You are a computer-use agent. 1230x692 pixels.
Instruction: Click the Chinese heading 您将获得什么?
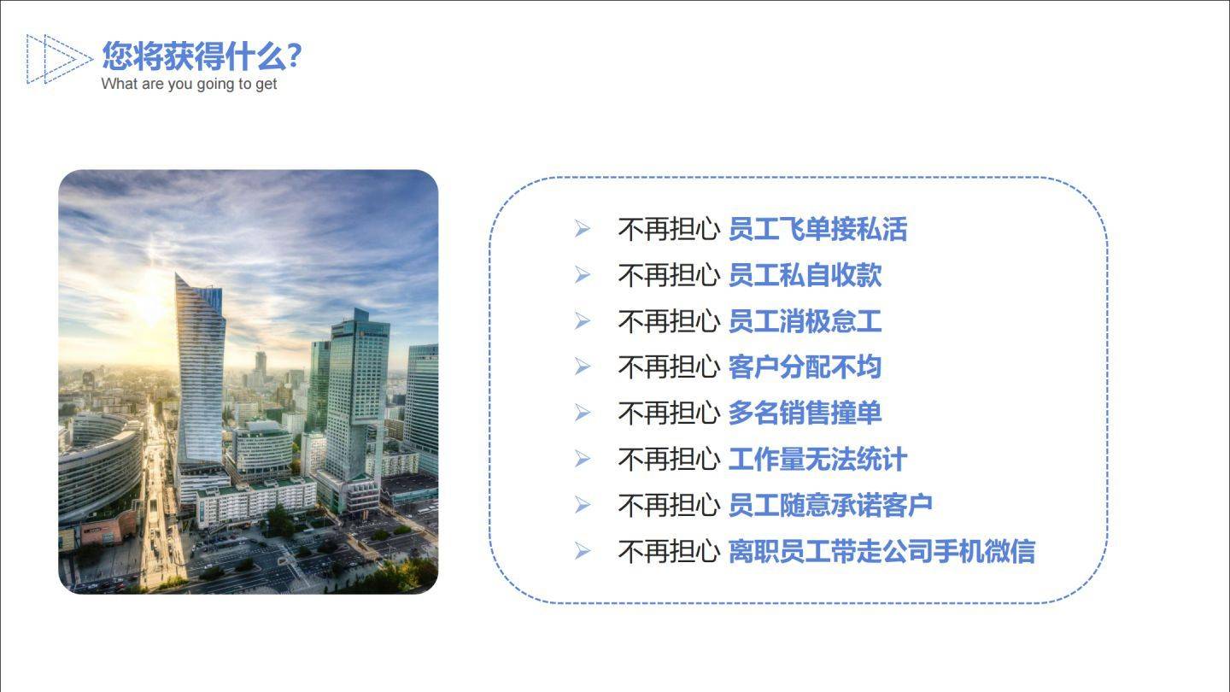click(x=202, y=56)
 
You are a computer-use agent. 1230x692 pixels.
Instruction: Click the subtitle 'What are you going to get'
click(x=189, y=84)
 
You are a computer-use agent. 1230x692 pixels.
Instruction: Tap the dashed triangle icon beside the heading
click(x=59, y=59)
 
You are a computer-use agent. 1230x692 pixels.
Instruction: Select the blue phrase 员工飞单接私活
click(x=817, y=229)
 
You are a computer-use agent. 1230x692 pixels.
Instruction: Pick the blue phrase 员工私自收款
click(x=805, y=275)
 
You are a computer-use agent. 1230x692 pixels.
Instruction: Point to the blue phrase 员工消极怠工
click(x=805, y=321)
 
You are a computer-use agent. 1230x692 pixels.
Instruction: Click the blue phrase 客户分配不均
click(x=805, y=367)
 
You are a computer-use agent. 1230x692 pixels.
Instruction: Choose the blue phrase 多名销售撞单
click(x=805, y=413)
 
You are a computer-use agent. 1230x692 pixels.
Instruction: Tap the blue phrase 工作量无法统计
click(x=817, y=459)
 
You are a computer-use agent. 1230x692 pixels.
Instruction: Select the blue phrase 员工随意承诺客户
click(x=830, y=505)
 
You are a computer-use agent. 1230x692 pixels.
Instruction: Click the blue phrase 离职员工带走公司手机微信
click(x=881, y=551)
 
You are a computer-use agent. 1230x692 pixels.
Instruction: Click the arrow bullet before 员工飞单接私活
click(x=582, y=228)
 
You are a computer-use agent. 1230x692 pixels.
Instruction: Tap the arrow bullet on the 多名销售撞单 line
click(x=582, y=413)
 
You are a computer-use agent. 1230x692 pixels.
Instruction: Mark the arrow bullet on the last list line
click(x=582, y=551)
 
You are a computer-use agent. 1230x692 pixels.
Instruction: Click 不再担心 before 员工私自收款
click(x=669, y=275)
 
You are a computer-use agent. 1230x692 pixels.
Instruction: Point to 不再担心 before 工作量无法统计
click(x=669, y=459)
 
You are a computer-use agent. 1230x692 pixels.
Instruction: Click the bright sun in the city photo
click(x=151, y=308)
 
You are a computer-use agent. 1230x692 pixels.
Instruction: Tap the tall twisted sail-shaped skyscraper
click(x=200, y=373)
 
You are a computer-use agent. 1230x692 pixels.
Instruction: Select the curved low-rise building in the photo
click(x=99, y=466)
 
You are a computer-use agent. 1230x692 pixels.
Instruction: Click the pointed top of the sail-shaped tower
click(x=176, y=274)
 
